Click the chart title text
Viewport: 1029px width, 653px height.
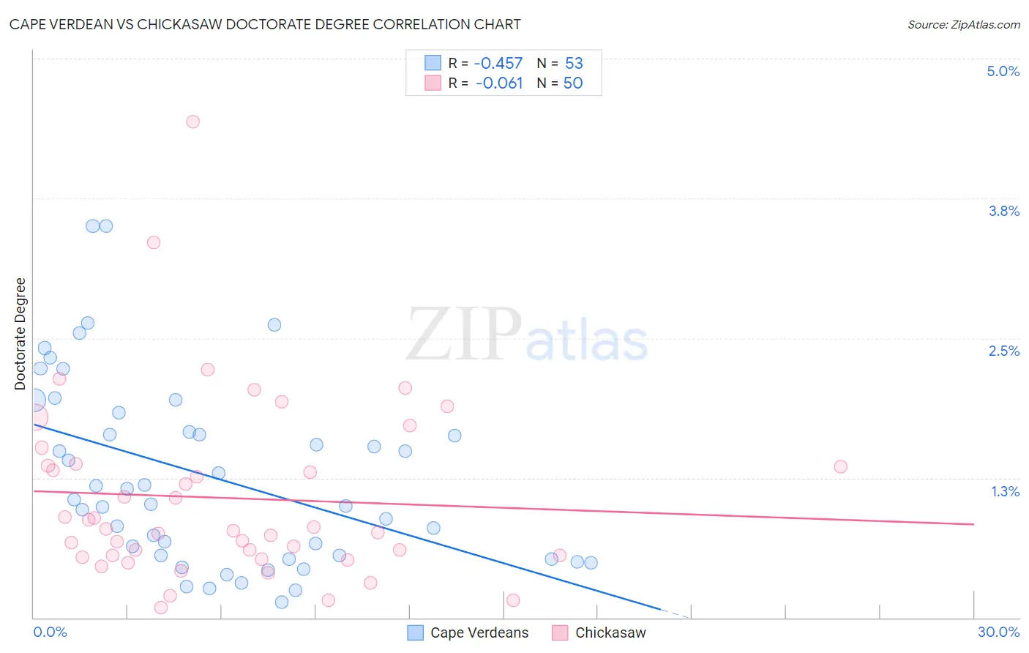pyautogui.click(x=265, y=24)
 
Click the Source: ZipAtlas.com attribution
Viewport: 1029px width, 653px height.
pyautogui.click(x=963, y=25)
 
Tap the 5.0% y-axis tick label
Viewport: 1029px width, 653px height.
pyautogui.click(x=1003, y=71)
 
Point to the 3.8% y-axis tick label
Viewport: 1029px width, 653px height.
pyautogui.click(x=1003, y=211)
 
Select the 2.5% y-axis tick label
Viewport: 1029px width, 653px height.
pyautogui.click(x=1003, y=351)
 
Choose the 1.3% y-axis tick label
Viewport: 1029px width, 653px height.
pyautogui.click(x=1005, y=491)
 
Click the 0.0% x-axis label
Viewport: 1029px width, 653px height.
pyautogui.click(x=50, y=632)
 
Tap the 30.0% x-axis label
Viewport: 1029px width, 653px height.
pyautogui.click(x=998, y=632)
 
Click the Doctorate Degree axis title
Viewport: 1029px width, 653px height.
pyautogui.click(x=20, y=334)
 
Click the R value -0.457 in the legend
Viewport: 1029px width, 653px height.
pyautogui.click(x=498, y=64)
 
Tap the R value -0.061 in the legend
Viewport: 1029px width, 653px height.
pyautogui.click(x=498, y=83)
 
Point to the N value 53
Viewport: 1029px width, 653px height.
pyautogui.click(x=574, y=64)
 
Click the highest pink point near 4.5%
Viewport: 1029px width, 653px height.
pyautogui.click(x=192, y=122)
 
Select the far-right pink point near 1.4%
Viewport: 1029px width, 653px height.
pyautogui.click(x=840, y=466)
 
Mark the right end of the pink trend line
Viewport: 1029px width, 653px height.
pyautogui.click(x=973, y=524)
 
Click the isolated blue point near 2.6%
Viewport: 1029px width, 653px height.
pyautogui.click(x=274, y=324)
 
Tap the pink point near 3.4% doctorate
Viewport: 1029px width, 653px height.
pyautogui.click(x=154, y=242)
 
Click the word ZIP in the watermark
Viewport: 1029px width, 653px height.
pyautogui.click(x=464, y=335)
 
